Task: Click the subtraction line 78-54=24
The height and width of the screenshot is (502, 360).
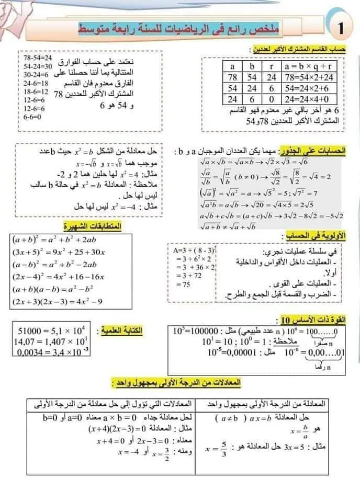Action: [38, 58]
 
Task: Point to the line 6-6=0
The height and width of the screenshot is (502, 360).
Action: [32, 117]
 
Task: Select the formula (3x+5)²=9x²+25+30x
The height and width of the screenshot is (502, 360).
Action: [58, 252]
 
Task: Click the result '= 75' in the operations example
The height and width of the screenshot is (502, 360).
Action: [181, 284]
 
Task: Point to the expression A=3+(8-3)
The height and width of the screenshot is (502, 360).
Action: [192, 250]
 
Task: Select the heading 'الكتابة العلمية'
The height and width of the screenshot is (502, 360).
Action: [121, 331]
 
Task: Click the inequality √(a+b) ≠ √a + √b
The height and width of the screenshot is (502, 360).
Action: [227, 226]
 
